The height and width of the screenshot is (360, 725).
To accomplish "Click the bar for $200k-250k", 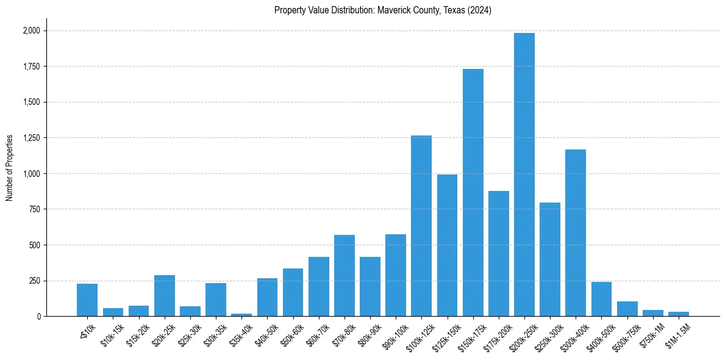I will [524, 175].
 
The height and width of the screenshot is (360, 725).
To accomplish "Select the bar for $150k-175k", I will [473, 193].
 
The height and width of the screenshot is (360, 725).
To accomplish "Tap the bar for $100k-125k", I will [421, 226].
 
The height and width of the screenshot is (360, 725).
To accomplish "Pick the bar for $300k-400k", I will [576, 232].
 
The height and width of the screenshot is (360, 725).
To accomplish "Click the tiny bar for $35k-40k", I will [241, 315].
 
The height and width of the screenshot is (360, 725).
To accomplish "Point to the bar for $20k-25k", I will [165, 296].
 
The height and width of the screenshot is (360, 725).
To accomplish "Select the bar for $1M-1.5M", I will [678, 314].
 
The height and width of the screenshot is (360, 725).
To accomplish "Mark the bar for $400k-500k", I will [601, 299].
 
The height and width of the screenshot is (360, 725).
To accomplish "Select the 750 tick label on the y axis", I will [35, 209].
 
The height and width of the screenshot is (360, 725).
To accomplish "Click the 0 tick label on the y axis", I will [38, 317].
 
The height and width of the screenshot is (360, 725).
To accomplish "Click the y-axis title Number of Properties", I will [9, 168].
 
